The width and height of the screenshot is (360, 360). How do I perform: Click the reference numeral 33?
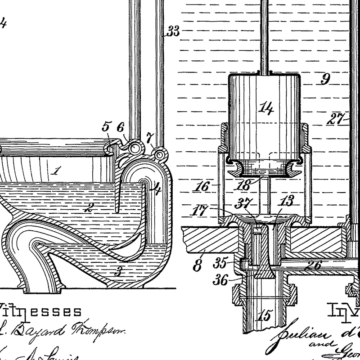point(173,31)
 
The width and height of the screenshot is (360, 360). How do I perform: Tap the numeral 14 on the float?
point(266,108)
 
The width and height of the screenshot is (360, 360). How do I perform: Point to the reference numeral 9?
point(325,80)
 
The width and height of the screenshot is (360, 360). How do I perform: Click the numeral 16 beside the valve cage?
point(203,186)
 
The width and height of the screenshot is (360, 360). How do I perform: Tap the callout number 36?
point(221,280)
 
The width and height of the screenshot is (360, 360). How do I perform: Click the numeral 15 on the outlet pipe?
point(265,316)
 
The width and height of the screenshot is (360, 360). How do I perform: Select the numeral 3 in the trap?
point(118,271)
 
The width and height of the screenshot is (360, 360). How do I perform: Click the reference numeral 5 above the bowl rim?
point(106,126)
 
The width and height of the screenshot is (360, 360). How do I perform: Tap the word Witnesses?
point(40,311)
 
